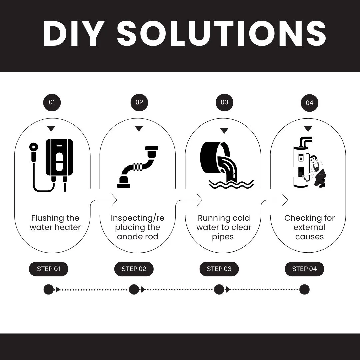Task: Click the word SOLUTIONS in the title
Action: click(x=221, y=34)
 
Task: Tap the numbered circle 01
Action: click(x=52, y=102)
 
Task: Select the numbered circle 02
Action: click(x=139, y=102)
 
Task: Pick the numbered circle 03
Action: click(x=224, y=102)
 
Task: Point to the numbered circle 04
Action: click(x=309, y=103)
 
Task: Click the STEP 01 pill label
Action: click(x=49, y=269)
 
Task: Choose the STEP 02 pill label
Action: click(x=134, y=269)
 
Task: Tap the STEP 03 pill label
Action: click(x=219, y=269)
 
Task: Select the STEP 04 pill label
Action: click(x=304, y=269)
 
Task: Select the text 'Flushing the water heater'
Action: click(x=55, y=223)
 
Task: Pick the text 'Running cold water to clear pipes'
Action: click(x=223, y=227)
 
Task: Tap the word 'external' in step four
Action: click(x=309, y=227)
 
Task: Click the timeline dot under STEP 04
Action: click(x=304, y=289)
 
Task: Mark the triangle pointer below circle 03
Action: click(x=224, y=131)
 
